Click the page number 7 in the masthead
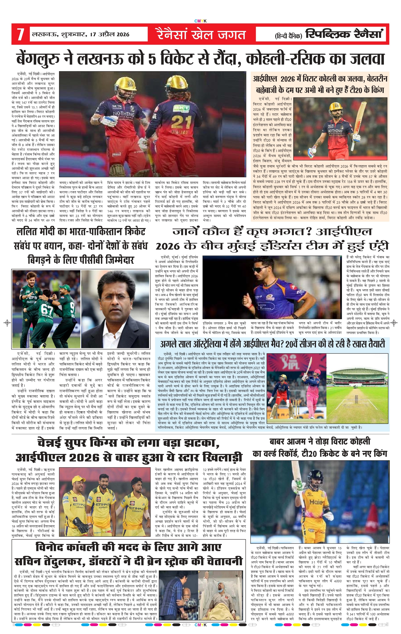point(20,34)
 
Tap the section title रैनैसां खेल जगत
point(201,34)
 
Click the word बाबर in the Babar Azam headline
point(280,441)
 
